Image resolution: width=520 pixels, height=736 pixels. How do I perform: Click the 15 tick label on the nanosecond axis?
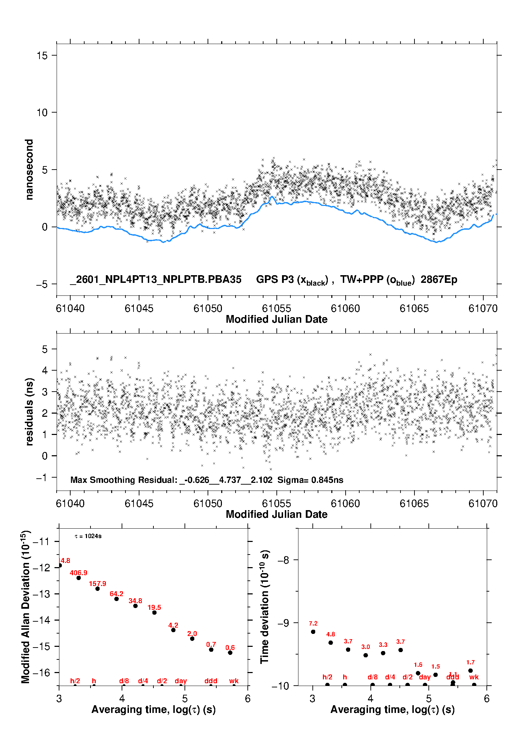tap(42, 55)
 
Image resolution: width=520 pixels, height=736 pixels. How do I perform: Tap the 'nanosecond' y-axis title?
tap(29, 169)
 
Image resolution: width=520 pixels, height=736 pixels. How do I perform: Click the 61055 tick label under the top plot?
tap(276, 308)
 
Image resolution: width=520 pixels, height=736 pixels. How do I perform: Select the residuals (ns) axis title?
tap(29, 412)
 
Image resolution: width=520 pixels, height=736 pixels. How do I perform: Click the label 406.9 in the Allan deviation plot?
tap(78, 573)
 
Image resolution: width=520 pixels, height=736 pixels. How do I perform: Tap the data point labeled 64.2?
tap(116, 599)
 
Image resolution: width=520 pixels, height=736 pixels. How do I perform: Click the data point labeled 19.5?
tap(154, 612)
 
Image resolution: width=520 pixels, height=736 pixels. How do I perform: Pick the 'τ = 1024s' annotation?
tap(88, 536)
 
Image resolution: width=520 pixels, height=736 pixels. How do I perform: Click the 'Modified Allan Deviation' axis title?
tap(25, 607)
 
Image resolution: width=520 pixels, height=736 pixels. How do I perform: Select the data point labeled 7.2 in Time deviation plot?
tap(313, 631)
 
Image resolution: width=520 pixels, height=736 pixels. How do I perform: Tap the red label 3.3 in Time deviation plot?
tap(383, 645)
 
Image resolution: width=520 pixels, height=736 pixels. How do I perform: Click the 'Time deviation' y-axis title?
tap(265, 607)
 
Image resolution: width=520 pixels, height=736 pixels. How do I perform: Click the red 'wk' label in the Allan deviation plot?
tap(234, 681)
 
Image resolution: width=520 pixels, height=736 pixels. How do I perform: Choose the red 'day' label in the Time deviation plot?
tap(425, 677)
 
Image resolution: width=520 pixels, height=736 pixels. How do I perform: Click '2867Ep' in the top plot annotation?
tap(439, 279)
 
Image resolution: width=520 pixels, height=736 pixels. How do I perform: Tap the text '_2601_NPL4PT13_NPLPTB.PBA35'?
tap(156, 279)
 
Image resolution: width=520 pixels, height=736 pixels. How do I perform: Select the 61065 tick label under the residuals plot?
tap(414, 503)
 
